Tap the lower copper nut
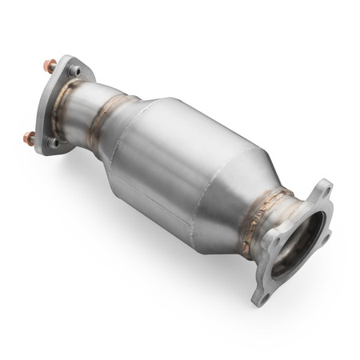(29, 138)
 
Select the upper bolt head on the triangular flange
(74, 71)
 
